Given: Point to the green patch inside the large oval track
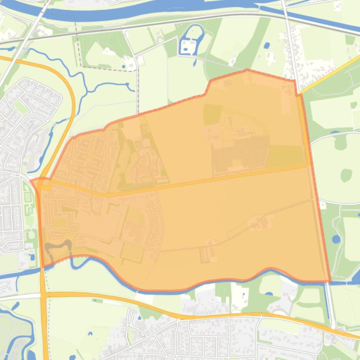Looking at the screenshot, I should (346, 175).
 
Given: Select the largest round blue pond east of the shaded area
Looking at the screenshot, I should (336, 239).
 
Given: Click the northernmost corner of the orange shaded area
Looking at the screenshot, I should (247, 70).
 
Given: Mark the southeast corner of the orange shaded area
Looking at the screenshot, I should (330, 281).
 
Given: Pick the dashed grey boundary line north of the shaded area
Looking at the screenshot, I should (108, 70).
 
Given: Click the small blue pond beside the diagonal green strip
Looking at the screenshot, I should (266, 46).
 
